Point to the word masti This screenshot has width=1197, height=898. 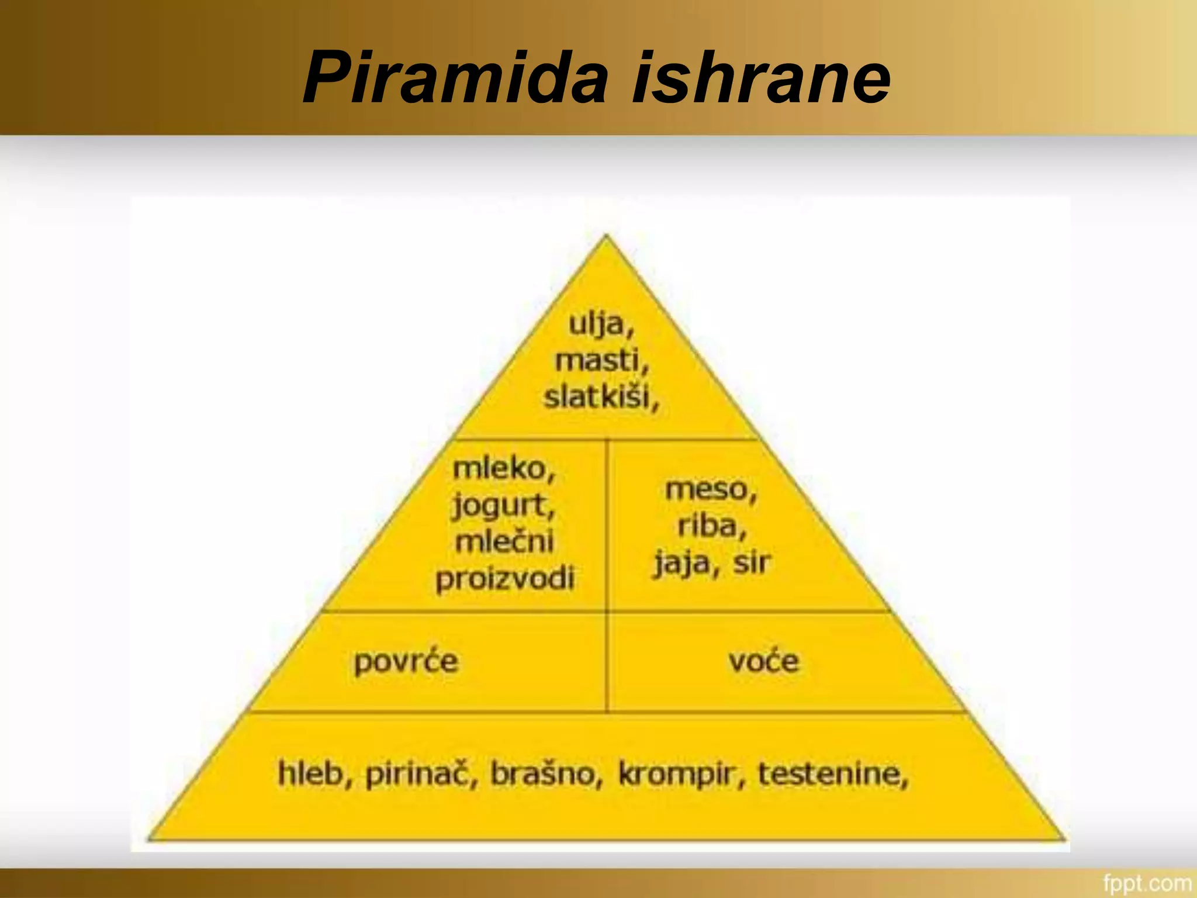click(599, 360)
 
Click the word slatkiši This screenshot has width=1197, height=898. click(598, 397)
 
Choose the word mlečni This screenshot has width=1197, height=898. click(504, 541)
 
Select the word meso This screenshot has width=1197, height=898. click(708, 489)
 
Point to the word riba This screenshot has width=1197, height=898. click(709, 526)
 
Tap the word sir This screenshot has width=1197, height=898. click(752, 562)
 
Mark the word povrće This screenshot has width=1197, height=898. click(406, 662)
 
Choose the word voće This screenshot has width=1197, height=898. click(763, 661)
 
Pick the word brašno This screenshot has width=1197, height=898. click(544, 773)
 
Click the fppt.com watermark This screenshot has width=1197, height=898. click(1146, 883)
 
